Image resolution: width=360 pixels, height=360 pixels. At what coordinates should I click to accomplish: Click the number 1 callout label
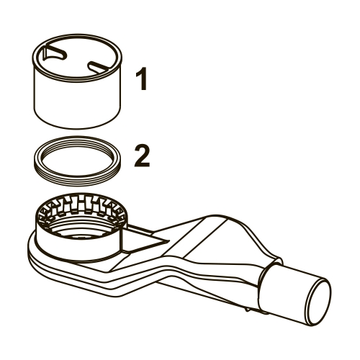(142, 78)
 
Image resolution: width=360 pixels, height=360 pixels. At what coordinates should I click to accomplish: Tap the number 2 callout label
(142, 156)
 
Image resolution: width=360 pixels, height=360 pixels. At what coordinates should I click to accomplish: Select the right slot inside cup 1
(99, 66)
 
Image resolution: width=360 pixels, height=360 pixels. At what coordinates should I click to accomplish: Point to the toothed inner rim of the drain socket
(81, 207)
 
